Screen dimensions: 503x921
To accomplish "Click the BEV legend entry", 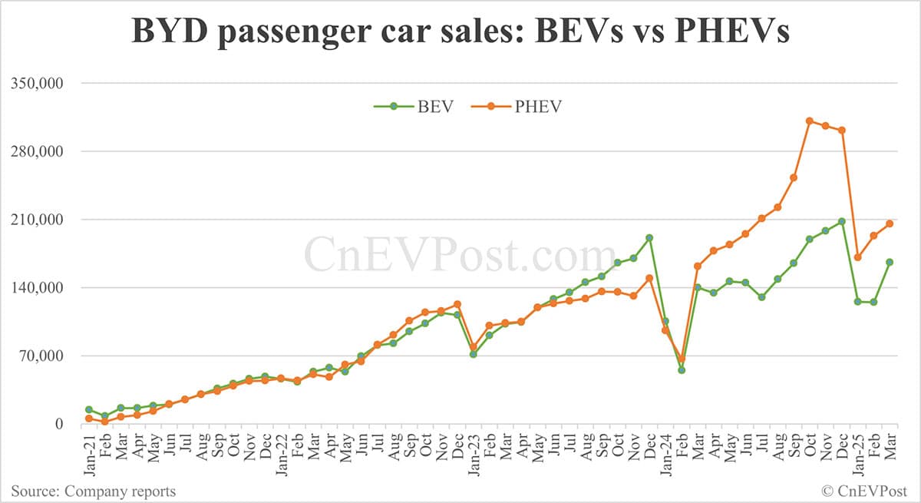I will (414, 107).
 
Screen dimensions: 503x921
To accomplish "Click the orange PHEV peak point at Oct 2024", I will (810, 121).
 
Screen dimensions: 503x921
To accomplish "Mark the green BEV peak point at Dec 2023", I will (649, 238).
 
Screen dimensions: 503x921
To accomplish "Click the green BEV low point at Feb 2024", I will (682, 370).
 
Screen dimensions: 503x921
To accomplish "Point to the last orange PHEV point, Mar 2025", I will (890, 223).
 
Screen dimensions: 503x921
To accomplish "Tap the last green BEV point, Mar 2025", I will (890, 262).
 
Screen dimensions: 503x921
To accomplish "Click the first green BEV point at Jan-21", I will (89, 410).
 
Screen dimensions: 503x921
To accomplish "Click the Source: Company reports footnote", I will (93, 491).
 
